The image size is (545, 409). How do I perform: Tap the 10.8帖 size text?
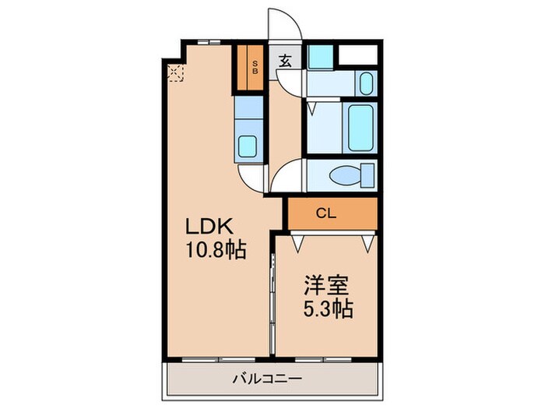(x=215, y=250)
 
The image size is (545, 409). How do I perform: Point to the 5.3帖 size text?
(x=327, y=309)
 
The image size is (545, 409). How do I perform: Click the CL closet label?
(x=326, y=212)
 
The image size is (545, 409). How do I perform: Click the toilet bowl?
(x=345, y=176)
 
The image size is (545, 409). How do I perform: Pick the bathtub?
(x=360, y=127)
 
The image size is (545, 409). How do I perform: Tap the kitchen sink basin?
(x=249, y=146)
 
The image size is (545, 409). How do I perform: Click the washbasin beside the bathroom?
(x=367, y=83)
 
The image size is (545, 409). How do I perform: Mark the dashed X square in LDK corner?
(x=176, y=74)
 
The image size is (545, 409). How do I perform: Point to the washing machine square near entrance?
(x=318, y=57)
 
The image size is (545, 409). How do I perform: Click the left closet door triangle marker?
(x=296, y=242)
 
